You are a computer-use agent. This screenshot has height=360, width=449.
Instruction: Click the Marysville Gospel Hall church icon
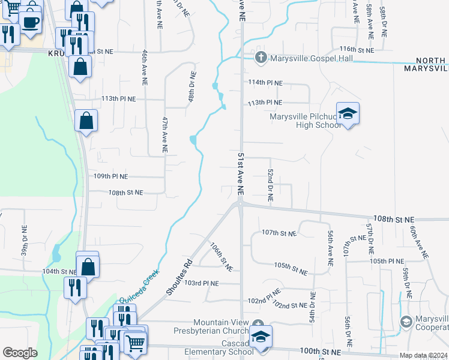tap(261, 58)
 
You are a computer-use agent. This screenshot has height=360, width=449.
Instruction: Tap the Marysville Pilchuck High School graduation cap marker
tap(347, 113)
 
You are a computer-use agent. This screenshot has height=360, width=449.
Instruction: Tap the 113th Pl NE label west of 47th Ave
tap(119, 98)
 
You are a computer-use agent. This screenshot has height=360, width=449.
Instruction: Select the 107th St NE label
tap(279, 233)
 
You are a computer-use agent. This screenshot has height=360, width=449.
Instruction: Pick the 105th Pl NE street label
tap(387, 261)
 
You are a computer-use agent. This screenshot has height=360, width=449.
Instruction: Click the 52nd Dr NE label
tap(271, 184)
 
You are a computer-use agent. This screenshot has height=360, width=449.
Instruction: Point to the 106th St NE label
tap(221, 256)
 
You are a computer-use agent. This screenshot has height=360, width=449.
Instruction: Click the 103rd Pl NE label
tap(202, 283)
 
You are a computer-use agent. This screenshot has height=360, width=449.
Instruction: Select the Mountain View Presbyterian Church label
tap(212, 328)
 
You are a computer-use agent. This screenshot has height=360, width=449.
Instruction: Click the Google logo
tap(20, 353)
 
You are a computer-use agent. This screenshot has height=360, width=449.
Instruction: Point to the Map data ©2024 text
tap(423, 355)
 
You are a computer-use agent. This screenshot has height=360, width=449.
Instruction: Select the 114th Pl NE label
tap(265, 83)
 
